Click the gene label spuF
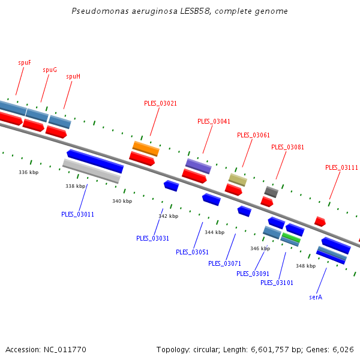[25, 62]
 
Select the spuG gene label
[50, 70]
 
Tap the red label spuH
[73, 76]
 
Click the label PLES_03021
[160, 103]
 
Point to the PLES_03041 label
[214, 121]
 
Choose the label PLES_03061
[253, 135]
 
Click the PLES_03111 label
[341, 167]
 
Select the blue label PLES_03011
[77, 214]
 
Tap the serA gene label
[316, 297]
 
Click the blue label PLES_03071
[224, 263]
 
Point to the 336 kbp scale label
[28, 172]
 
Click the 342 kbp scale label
[168, 216]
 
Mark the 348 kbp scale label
[305, 266]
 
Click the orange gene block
[146, 148]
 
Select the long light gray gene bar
[91, 171]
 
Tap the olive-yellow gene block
[238, 179]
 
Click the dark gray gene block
[271, 191]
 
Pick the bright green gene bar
[291, 238]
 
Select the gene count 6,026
[343, 349]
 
